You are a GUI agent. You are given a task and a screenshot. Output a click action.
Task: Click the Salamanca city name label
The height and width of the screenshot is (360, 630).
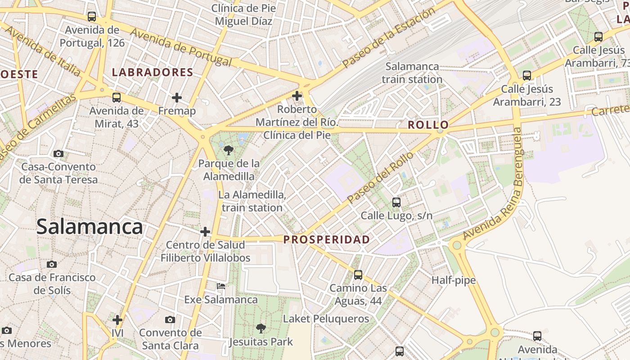point(90,226)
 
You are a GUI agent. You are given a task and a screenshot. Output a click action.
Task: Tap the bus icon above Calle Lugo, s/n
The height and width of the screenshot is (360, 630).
point(396,202)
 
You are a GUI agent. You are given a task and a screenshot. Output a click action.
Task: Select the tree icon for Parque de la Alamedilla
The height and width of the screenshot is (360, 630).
point(229,150)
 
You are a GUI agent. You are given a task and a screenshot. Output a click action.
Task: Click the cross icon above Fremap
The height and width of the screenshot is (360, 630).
point(177,97)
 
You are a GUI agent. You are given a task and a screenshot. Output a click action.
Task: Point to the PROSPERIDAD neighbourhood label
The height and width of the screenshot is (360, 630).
point(327,239)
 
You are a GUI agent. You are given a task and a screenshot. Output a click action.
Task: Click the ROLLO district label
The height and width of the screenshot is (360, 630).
point(428,125)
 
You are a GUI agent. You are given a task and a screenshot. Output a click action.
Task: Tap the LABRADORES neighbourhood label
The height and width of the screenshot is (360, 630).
point(153,72)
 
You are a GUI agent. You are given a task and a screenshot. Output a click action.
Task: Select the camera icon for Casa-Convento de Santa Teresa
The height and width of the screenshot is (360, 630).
point(58,154)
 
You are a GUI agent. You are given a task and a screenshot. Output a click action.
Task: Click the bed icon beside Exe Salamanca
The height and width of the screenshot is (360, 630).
point(220,286)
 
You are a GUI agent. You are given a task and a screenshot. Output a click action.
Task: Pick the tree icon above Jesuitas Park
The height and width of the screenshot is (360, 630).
point(261,328)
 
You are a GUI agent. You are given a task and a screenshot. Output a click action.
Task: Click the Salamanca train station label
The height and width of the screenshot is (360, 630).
point(412,73)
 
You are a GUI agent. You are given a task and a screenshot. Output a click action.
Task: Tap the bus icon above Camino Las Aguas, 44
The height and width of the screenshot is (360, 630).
point(358,274)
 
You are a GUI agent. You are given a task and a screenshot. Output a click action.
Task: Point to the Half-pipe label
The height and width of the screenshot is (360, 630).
point(454,280)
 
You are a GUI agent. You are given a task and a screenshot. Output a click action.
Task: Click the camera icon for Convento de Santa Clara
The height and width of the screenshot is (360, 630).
point(170,320)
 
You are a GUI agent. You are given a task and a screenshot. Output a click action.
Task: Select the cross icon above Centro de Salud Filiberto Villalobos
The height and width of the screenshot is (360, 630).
point(205,232)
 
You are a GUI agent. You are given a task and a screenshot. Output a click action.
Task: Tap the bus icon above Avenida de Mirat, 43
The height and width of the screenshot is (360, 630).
point(117,97)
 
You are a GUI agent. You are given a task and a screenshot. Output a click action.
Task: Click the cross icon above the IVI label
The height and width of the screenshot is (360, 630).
point(117,320)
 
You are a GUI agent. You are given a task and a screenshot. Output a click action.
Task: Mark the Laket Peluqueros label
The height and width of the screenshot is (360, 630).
point(326,319)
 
